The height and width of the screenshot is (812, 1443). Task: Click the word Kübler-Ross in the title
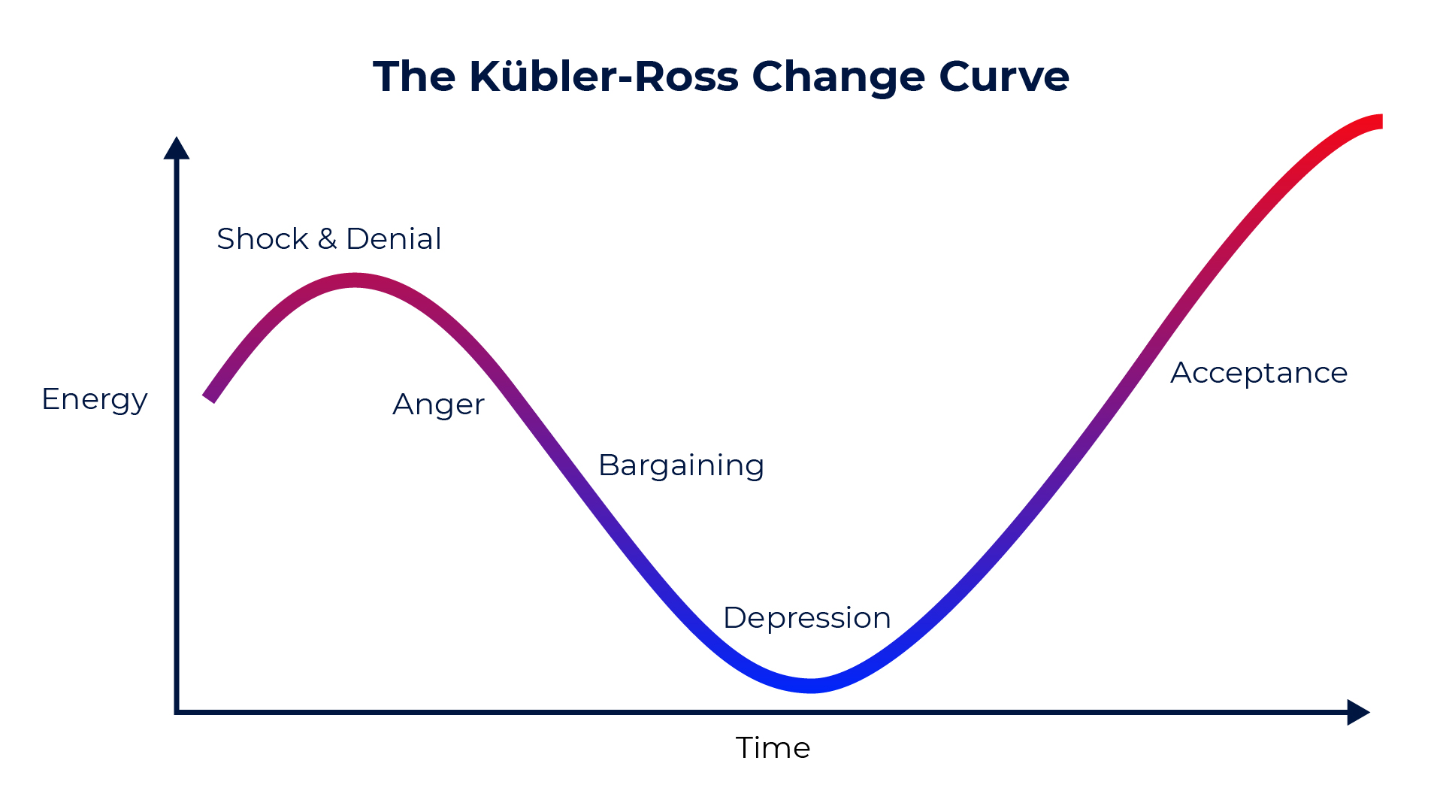604,76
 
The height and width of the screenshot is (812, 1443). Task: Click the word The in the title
414,77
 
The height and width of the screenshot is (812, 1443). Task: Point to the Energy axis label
95,400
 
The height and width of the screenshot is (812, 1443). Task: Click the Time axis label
773,748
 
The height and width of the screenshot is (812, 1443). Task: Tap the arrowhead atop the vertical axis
177,148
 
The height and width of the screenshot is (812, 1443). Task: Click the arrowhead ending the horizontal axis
1359,712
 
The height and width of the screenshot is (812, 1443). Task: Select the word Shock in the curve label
262,239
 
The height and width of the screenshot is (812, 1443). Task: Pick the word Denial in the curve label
394,239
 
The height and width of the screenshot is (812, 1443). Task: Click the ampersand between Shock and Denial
328,239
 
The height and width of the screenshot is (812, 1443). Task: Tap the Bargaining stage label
682,466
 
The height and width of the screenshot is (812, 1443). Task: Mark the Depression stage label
807,619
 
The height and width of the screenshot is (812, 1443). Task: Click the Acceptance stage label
1260,374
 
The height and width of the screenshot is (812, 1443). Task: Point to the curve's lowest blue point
812,685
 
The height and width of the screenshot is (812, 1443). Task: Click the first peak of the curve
355,280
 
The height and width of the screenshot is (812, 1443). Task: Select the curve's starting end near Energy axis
210,398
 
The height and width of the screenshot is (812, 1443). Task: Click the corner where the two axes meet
177,712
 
